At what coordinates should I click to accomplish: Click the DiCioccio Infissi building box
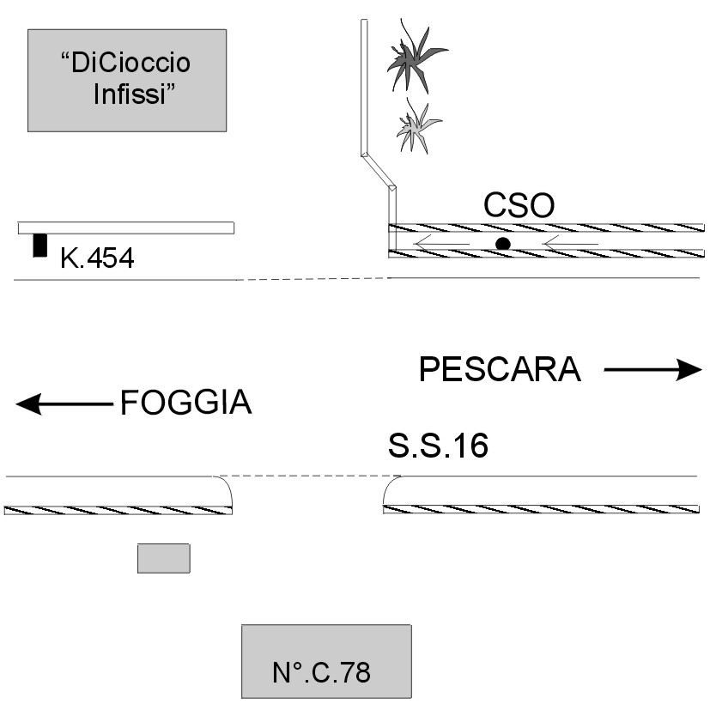pyautogui.click(x=127, y=80)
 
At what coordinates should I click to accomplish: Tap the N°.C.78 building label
pyautogui.click(x=322, y=672)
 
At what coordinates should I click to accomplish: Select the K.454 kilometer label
pyautogui.click(x=97, y=258)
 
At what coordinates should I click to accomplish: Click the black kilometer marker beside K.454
pyautogui.click(x=39, y=246)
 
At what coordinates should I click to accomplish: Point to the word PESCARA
pyautogui.click(x=500, y=370)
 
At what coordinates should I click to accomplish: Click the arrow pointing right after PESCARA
pyautogui.click(x=652, y=370)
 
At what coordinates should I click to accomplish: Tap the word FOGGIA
pyautogui.click(x=185, y=403)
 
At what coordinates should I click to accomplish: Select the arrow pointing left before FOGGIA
pyautogui.click(x=64, y=404)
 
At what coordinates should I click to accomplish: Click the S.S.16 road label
pyautogui.click(x=438, y=446)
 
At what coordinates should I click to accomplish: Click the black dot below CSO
pyautogui.click(x=503, y=245)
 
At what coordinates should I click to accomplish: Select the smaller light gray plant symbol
pyautogui.click(x=418, y=126)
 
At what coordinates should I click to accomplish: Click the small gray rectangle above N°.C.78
pyautogui.click(x=163, y=558)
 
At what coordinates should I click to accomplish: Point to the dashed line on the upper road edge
pyautogui.click(x=313, y=279)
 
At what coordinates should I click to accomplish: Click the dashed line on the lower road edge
pyautogui.click(x=307, y=476)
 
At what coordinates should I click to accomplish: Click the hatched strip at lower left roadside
pyautogui.click(x=118, y=510)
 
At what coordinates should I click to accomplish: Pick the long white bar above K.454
pyautogui.click(x=126, y=228)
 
